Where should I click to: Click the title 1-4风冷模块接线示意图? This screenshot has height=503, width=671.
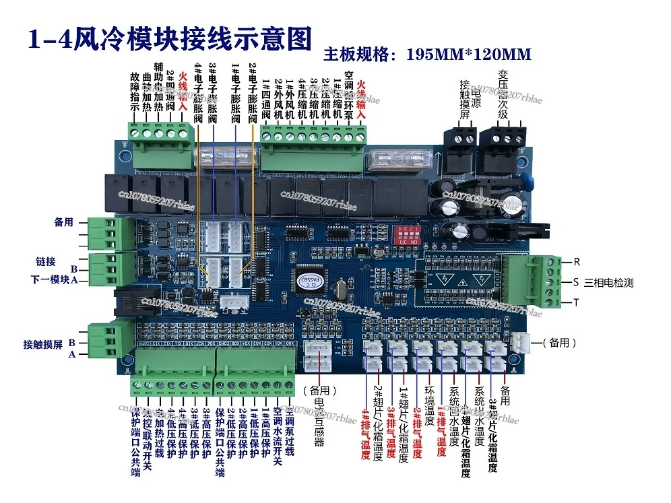169,40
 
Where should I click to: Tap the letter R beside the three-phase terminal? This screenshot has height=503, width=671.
577,262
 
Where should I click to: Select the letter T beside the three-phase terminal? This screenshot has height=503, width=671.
577,302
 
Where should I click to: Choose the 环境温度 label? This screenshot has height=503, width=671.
428,411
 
